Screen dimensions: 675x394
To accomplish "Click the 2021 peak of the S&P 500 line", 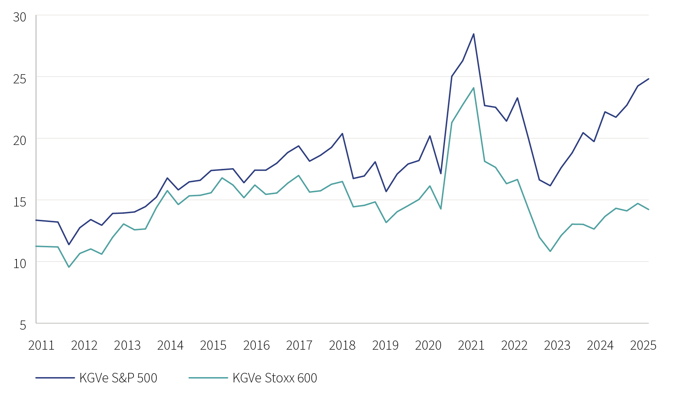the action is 473,34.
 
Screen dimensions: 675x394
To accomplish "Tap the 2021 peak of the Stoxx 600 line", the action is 473,88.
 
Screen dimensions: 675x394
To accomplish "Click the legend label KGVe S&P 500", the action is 118,378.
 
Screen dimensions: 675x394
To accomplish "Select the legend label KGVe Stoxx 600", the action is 275,378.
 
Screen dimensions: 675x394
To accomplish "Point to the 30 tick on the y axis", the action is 20,17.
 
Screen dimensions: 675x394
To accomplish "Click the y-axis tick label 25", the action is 20,79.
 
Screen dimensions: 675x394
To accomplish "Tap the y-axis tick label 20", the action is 20,140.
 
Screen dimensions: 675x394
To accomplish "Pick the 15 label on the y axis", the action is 20,202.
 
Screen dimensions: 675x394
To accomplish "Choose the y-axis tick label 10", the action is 20,263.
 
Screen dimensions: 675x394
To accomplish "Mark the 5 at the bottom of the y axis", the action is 23,325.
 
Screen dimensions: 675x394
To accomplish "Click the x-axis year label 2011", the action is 41,345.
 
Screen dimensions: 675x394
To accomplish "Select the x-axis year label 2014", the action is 170,345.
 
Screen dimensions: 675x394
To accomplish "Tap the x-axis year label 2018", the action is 342,345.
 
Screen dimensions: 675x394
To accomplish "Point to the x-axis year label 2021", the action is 471,345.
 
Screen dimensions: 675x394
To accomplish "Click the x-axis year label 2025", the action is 643,345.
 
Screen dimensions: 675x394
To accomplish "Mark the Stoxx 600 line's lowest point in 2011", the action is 69,267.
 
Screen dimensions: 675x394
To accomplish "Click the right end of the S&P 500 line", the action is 648,79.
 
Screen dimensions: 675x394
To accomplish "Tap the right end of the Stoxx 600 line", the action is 648,210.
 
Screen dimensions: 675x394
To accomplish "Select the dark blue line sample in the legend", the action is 55,378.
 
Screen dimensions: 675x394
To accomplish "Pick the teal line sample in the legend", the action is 208,378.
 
